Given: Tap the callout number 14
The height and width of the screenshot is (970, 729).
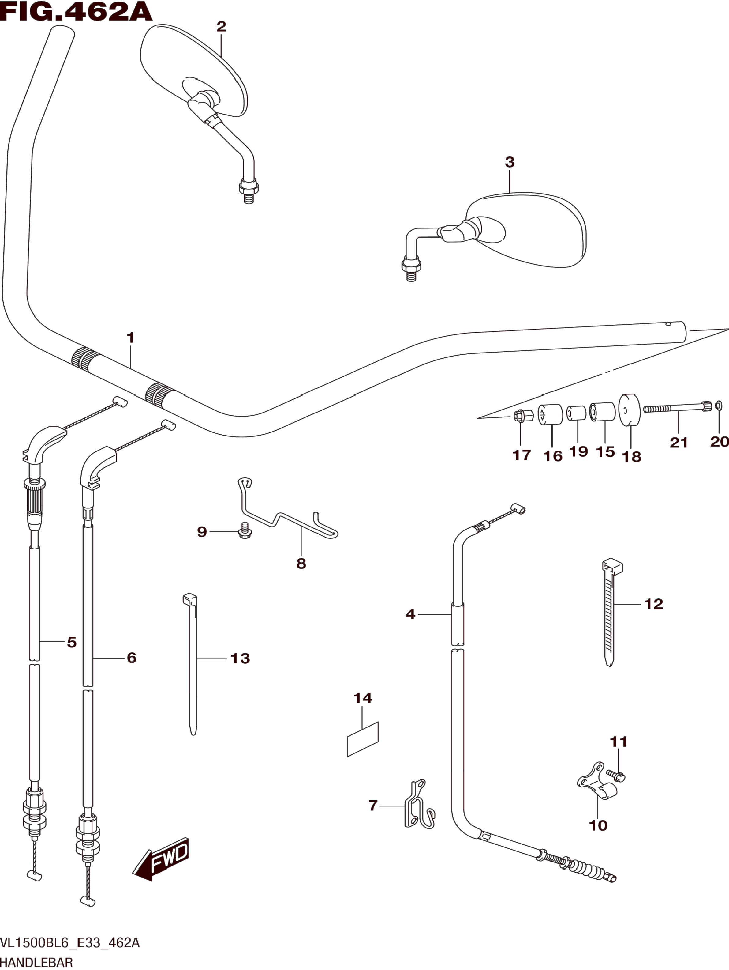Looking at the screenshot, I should (363, 698).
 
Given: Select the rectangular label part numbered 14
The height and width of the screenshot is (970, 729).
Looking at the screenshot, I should (362, 739).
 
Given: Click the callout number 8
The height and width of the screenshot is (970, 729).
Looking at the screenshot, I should (301, 564).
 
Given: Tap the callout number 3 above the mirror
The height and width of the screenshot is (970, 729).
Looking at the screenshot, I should (510, 162).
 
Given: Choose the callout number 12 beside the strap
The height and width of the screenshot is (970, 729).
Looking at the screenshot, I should (654, 604).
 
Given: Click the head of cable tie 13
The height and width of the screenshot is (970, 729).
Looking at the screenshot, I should (190, 599).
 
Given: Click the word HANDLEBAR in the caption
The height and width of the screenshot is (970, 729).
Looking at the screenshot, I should (36, 963).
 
